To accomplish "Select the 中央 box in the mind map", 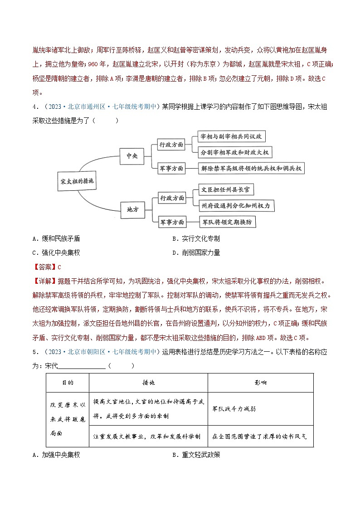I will (x=132, y=155).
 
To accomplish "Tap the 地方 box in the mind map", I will (x=133, y=209).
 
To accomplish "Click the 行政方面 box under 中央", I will (x=171, y=145).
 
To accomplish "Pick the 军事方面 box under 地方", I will (x=172, y=222).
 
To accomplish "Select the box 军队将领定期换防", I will (x=229, y=222).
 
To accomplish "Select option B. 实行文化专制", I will (x=196, y=239).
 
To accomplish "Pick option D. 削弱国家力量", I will (x=196, y=253).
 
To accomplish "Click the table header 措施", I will (x=148, y=383).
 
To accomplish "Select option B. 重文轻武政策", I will (x=196, y=455).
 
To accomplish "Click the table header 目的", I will (x=68, y=383).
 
